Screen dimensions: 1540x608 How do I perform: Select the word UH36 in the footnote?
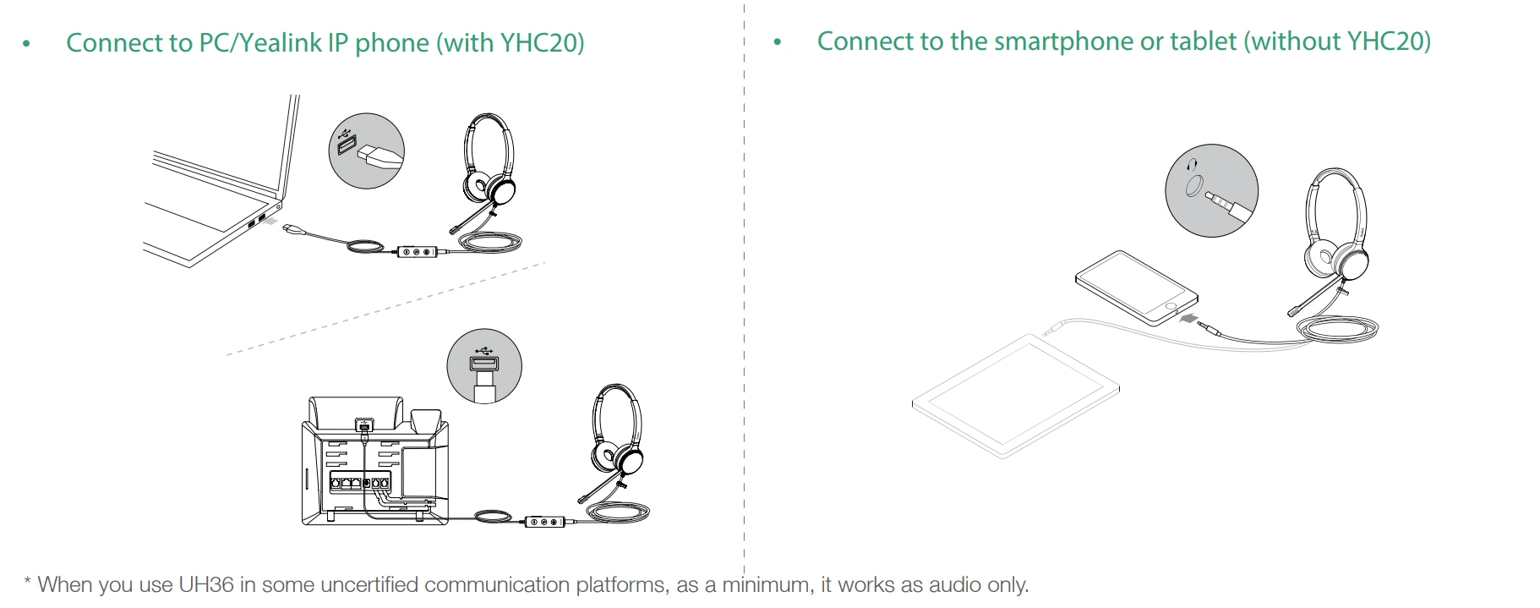coord(205,584)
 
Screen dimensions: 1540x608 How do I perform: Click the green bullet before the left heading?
coord(27,44)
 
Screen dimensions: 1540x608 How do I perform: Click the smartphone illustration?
coord(1137,288)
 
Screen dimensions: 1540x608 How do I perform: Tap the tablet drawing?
coord(1015,396)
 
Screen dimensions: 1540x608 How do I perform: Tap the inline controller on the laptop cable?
coord(418,251)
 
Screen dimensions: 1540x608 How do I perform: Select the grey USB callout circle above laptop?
coord(366,151)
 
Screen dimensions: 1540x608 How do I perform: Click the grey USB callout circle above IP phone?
coord(484,366)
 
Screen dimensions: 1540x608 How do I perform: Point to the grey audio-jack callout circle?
coord(1211,190)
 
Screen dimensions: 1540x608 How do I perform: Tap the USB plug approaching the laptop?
coord(292,229)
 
